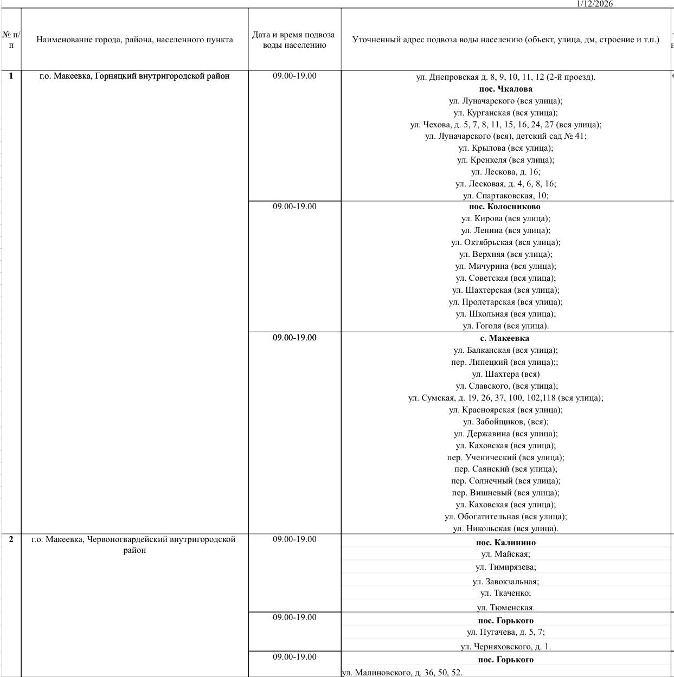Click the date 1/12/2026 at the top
pyautogui.click(x=595, y=4)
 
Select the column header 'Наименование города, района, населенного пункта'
pyautogui.click(x=134, y=40)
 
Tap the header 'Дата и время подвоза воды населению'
pyautogui.click(x=294, y=40)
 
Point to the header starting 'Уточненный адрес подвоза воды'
pyautogui.click(x=505, y=40)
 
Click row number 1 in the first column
pyautogui.click(x=11, y=76)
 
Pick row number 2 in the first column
pyautogui.click(x=11, y=539)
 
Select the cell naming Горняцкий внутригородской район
pyautogui.click(x=134, y=76)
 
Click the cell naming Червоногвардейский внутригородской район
pyautogui.click(x=134, y=545)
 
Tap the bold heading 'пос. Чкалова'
pyautogui.click(x=505, y=89)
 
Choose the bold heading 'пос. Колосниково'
pyautogui.click(x=504, y=207)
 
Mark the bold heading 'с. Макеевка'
pyautogui.click(x=504, y=338)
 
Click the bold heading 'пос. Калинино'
pyautogui.click(x=505, y=543)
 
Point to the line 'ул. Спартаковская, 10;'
pyautogui.click(x=505, y=196)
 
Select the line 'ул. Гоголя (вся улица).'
pyautogui.click(x=505, y=326)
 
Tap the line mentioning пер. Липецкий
pyautogui.click(x=504, y=362)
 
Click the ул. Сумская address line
pyautogui.click(x=505, y=398)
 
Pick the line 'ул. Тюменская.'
pyautogui.click(x=505, y=608)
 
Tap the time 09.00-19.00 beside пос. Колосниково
pyautogui.click(x=294, y=207)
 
